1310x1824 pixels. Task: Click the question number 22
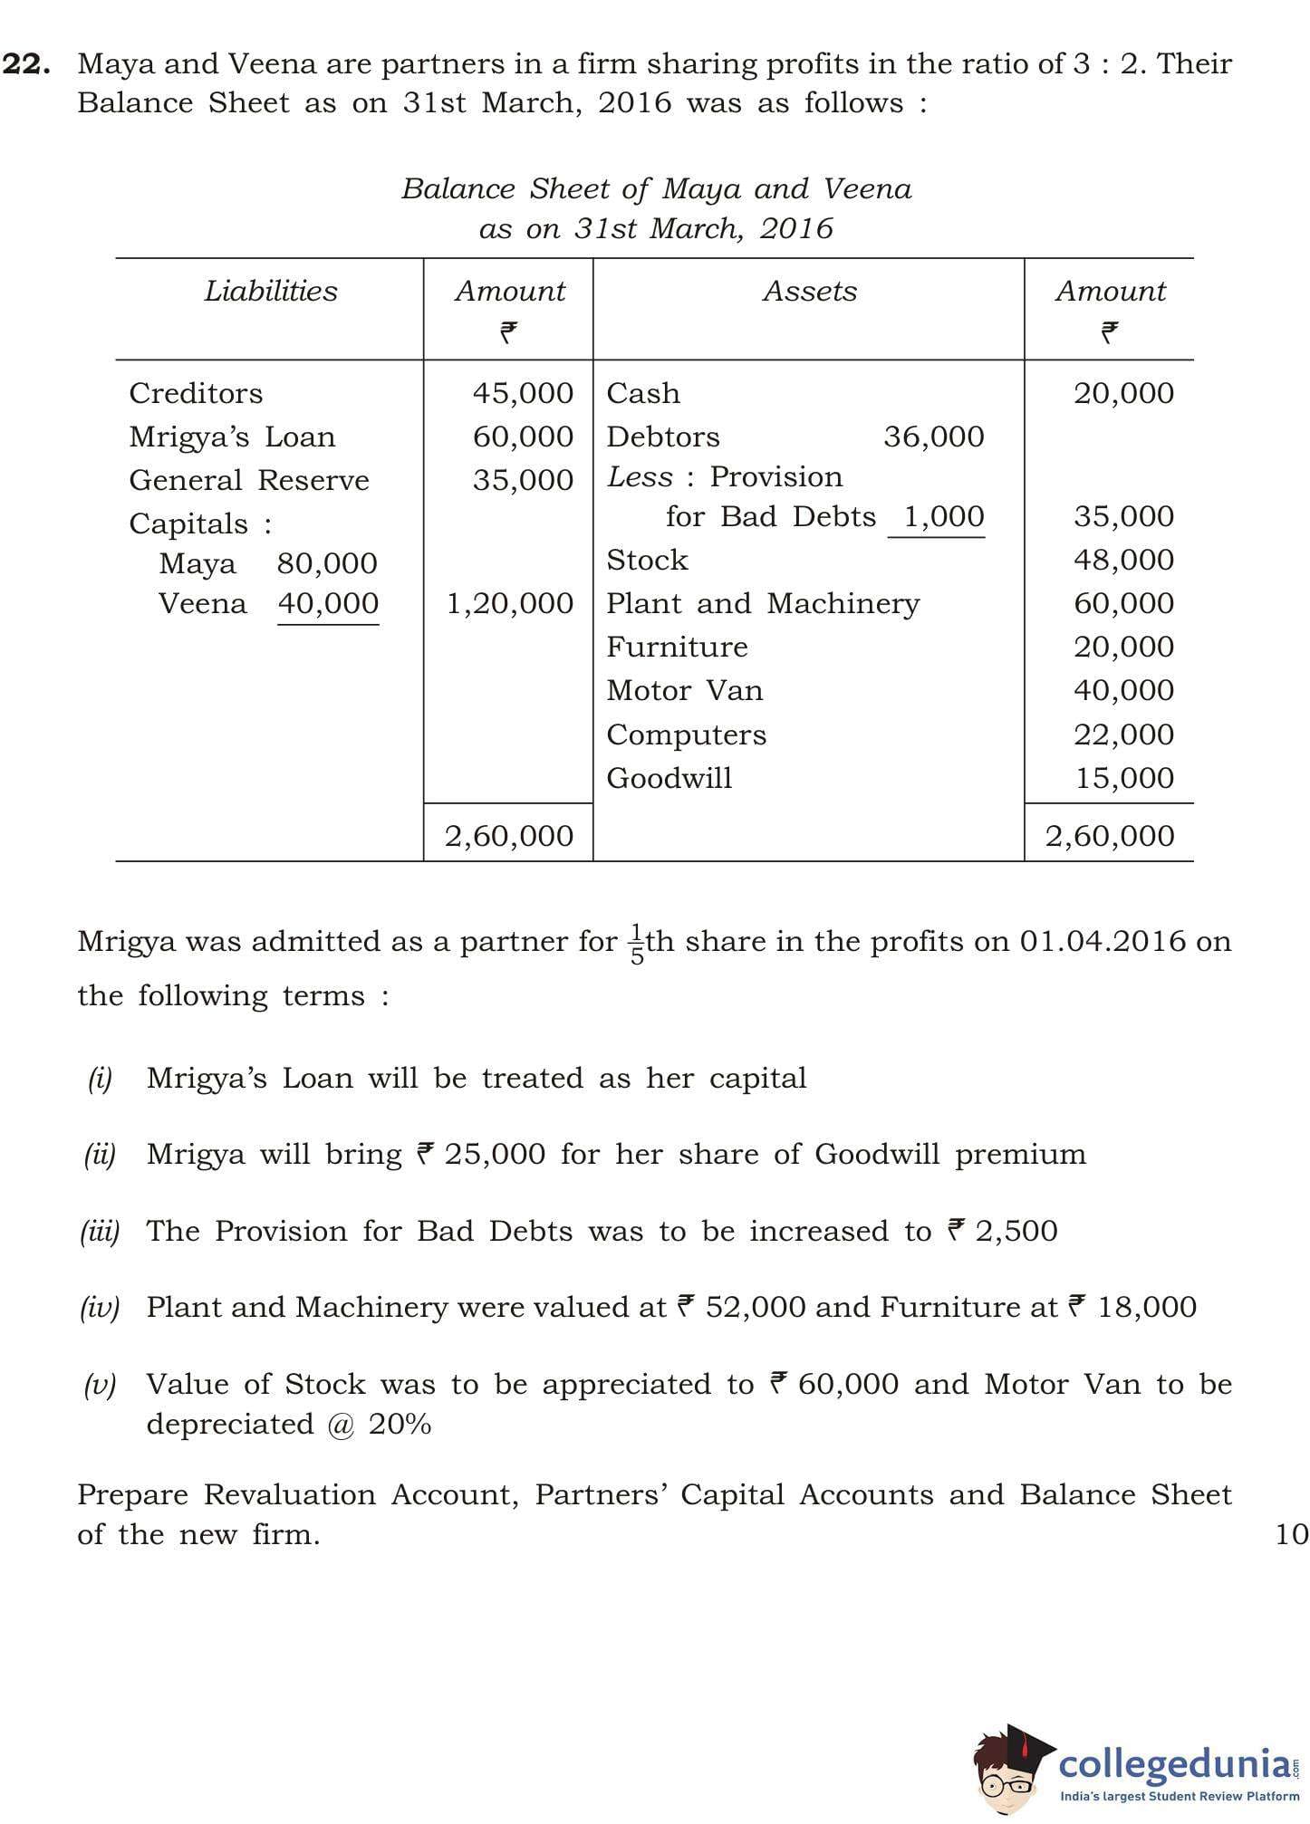[x=26, y=64]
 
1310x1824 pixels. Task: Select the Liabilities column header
[x=270, y=291]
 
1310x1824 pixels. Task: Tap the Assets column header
[x=809, y=291]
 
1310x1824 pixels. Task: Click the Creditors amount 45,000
[x=523, y=393]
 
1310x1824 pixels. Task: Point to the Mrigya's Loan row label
[x=232, y=437]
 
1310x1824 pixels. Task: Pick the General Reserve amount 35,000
[x=523, y=480]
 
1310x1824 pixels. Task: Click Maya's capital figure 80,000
[x=327, y=563]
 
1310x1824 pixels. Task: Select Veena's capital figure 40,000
[x=328, y=603]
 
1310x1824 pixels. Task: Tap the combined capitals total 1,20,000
[x=510, y=603]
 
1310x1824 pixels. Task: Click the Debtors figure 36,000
[x=934, y=437]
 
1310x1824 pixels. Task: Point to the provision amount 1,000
[x=944, y=516]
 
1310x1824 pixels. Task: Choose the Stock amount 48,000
[x=1123, y=560]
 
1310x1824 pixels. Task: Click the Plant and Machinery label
[x=763, y=603]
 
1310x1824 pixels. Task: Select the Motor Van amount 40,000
[x=1123, y=690]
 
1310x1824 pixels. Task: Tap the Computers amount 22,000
[x=1123, y=734]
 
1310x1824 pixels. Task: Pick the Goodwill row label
[x=669, y=778]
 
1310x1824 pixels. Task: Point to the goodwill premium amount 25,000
[x=494, y=1155]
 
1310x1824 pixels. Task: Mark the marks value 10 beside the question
[x=1291, y=1534]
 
